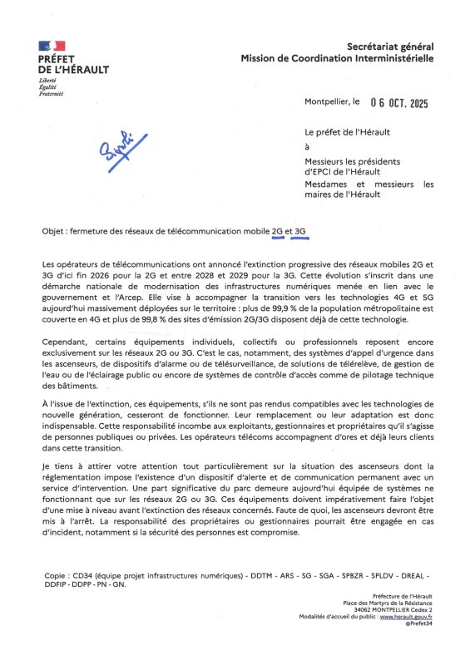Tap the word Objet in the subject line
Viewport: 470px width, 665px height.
tap(53, 230)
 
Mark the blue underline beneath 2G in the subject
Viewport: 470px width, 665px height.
tap(278, 237)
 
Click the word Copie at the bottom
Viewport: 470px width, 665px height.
tap(53, 575)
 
